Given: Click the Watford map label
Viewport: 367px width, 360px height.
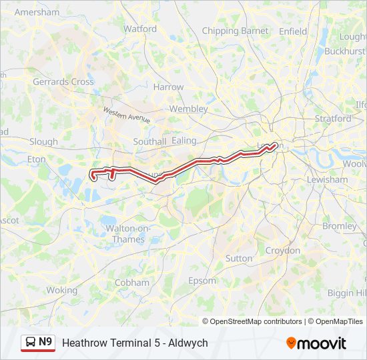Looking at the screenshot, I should (x=140, y=29).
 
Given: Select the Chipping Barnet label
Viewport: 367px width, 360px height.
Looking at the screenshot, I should (x=235, y=31).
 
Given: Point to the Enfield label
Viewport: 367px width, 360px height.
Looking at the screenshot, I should (x=293, y=31).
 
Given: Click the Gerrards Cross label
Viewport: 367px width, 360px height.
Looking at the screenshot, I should (x=63, y=82).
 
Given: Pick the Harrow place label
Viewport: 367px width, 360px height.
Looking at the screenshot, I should (x=168, y=87).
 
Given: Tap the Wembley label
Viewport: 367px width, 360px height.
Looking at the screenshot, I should (x=189, y=109).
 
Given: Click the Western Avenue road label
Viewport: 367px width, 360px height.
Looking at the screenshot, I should (x=126, y=115).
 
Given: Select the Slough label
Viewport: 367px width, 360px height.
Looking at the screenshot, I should (x=44, y=142).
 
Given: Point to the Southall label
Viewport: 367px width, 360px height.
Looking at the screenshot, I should (x=149, y=142).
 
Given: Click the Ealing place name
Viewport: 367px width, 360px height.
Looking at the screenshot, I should (x=185, y=141).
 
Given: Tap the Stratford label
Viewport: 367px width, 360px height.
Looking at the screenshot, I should (x=333, y=119).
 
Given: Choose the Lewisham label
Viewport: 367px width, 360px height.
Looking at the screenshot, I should (x=327, y=180).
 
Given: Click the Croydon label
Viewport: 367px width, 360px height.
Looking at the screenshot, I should (x=282, y=251).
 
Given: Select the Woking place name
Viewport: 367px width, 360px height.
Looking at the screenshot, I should (x=62, y=291).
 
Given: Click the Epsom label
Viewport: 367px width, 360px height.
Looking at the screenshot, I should (x=202, y=281).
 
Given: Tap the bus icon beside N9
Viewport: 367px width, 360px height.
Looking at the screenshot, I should (x=30, y=343).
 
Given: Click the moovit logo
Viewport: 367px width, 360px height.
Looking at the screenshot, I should (x=316, y=343).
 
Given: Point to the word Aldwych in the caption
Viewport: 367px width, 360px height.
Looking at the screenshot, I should (x=188, y=343).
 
